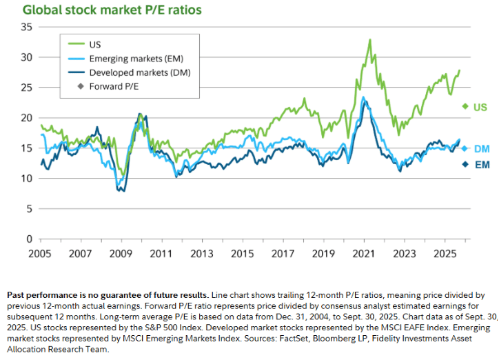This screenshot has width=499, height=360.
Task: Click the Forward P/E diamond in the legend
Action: [x=81, y=86]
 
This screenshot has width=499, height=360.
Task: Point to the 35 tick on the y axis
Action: [x=28, y=27]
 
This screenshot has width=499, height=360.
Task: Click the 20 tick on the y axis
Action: [x=28, y=118]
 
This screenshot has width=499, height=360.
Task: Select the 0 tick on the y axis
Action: [x=30, y=239]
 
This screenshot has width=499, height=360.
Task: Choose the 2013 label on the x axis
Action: [x=201, y=253]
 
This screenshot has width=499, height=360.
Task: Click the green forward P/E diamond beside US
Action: [x=465, y=106]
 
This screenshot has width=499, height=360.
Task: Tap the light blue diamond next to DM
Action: [x=465, y=148]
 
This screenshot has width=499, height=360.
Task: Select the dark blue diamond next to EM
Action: [x=465, y=164]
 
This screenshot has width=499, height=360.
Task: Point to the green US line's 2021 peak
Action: [x=370, y=40]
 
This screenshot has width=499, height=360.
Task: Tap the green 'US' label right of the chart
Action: [x=480, y=107]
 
